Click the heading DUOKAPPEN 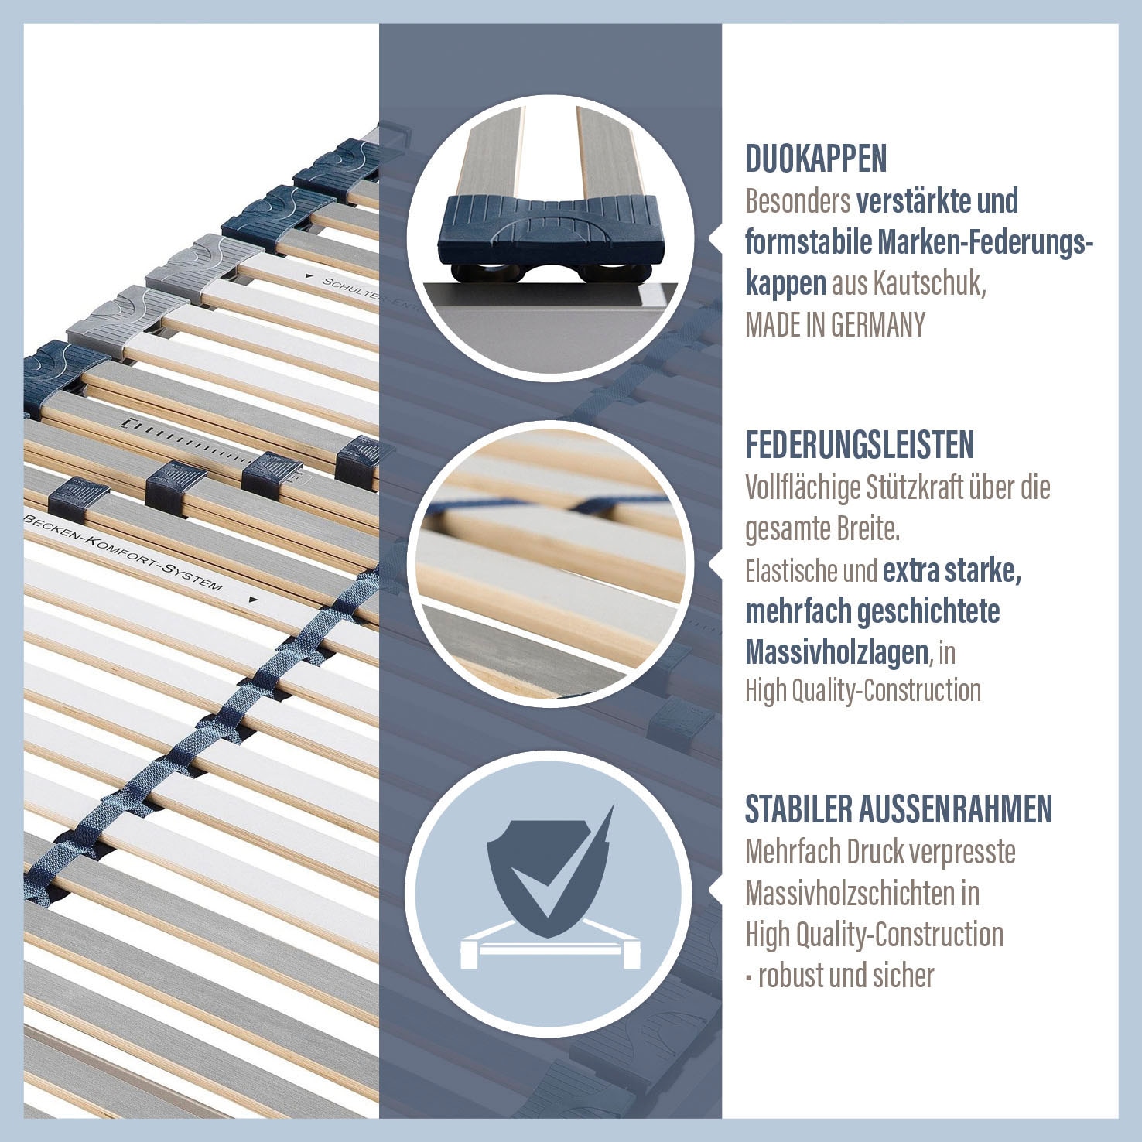point(815,159)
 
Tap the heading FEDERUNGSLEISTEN point(860,445)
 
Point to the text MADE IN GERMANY point(835,325)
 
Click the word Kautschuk point(929,284)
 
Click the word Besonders point(798,201)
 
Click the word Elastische point(790,571)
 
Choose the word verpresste point(962,852)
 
